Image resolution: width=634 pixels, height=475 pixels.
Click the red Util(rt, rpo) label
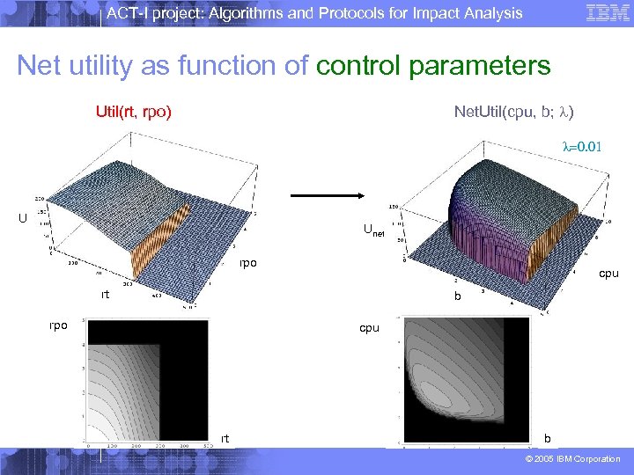[x=133, y=112]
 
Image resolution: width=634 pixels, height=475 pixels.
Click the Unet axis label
[x=373, y=231]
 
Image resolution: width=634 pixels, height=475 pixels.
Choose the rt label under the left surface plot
[x=105, y=295]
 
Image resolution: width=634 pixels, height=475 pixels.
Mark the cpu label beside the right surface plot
[x=608, y=274]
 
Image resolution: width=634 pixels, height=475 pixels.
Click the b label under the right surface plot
[x=457, y=297]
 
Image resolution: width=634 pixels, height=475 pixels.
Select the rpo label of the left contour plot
[x=58, y=325]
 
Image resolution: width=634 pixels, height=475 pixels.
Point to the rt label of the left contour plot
[x=226, y=437]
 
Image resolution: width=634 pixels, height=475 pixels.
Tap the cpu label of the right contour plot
[x=369, y=328]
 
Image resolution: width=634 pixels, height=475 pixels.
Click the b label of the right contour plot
[x=549, y=437]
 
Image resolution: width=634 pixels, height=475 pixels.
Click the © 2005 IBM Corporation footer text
[x=573, y=459]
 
